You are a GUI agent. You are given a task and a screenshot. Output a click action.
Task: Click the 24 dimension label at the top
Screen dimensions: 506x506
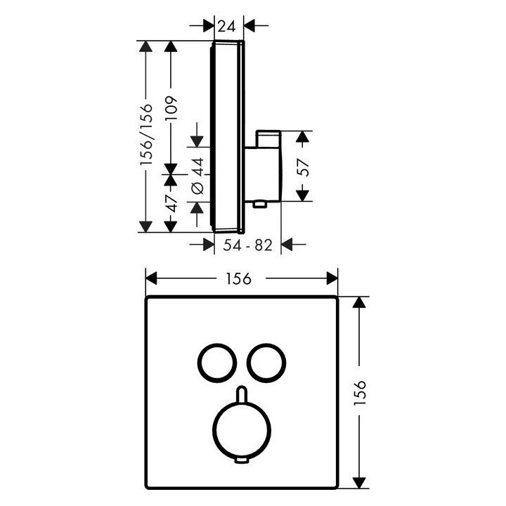(226, 27)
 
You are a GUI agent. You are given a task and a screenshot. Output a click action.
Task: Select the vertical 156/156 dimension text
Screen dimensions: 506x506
(146, 134)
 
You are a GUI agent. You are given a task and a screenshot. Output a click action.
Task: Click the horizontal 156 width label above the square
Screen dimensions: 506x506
(238, 278)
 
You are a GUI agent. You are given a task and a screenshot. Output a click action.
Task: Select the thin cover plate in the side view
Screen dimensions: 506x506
(227, 136)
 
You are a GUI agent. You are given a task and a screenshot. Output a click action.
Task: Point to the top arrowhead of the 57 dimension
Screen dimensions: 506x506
(302, 137)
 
